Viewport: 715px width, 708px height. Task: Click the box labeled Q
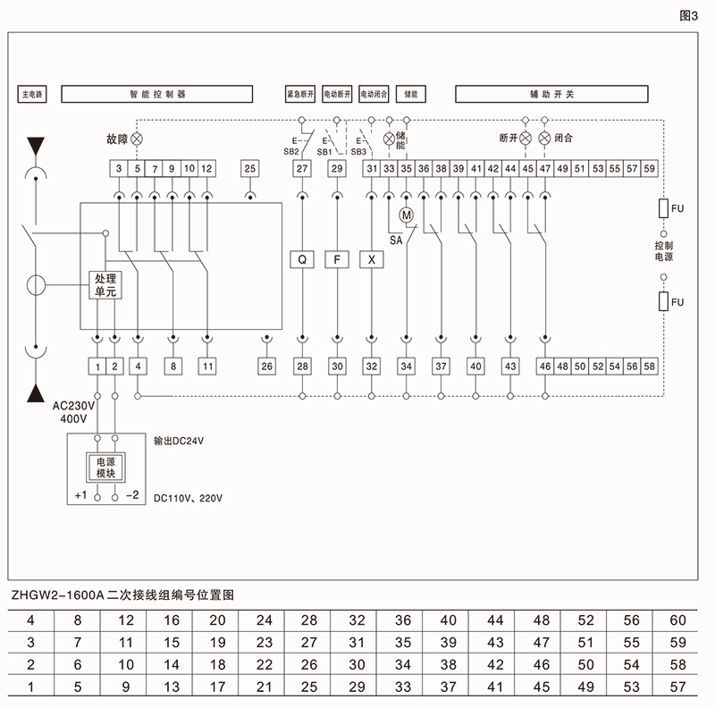click(302, 259)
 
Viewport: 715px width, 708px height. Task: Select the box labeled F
click(337, 259)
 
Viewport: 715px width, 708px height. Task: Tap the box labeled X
click(371, 259)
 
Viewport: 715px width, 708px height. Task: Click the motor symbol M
click(407, 215)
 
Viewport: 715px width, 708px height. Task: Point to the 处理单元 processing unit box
click(100, 285)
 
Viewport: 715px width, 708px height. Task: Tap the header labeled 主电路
click(33, 93)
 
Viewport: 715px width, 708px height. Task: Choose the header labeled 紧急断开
click(301, 93)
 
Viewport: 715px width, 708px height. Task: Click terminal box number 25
click(249, 168)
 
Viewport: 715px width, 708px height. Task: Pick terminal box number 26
click(266, 366)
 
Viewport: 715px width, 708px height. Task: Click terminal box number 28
click(302, 366)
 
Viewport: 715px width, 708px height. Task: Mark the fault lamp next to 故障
click(137, 139)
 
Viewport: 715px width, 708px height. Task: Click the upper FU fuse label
click(677, 209)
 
